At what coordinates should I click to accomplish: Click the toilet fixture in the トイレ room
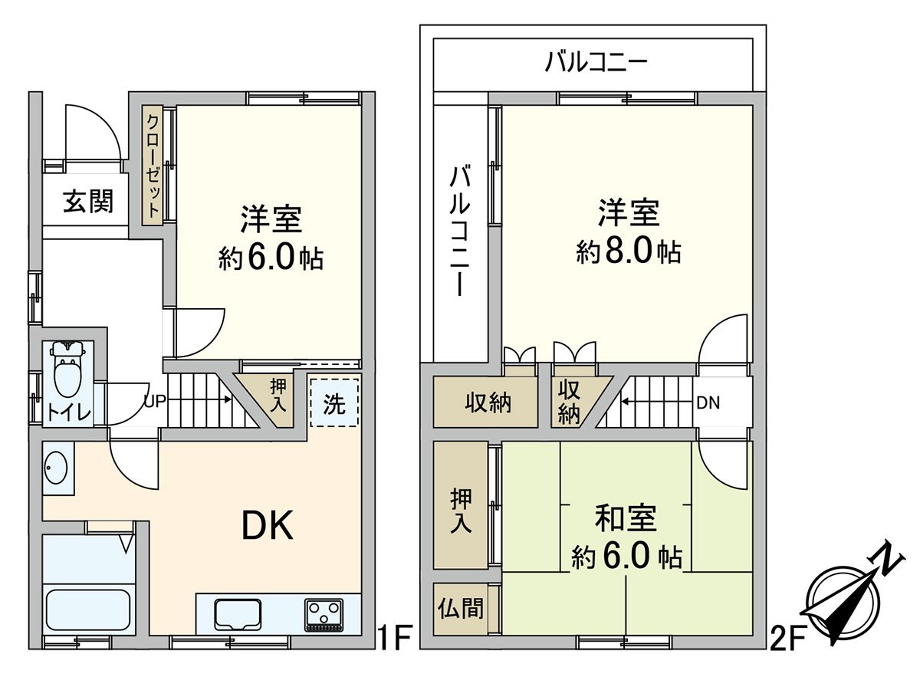tap(68, 368)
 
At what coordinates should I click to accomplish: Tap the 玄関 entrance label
tap(88, 202)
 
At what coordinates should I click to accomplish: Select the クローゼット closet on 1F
tap(153, 165)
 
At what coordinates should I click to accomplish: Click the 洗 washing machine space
tap(333, 403)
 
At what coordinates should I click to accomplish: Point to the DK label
tap(268, 526)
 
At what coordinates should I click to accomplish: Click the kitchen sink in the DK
tap(238, 614)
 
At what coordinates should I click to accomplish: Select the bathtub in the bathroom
tap(87, 609)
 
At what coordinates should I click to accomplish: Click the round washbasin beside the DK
tap(57, 468)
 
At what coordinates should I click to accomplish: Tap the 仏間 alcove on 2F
tap(461, 609)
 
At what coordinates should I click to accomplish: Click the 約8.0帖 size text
tap(629, 251)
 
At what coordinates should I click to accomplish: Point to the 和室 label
tap(626, 518)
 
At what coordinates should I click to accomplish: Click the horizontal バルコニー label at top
tap(597, 62)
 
